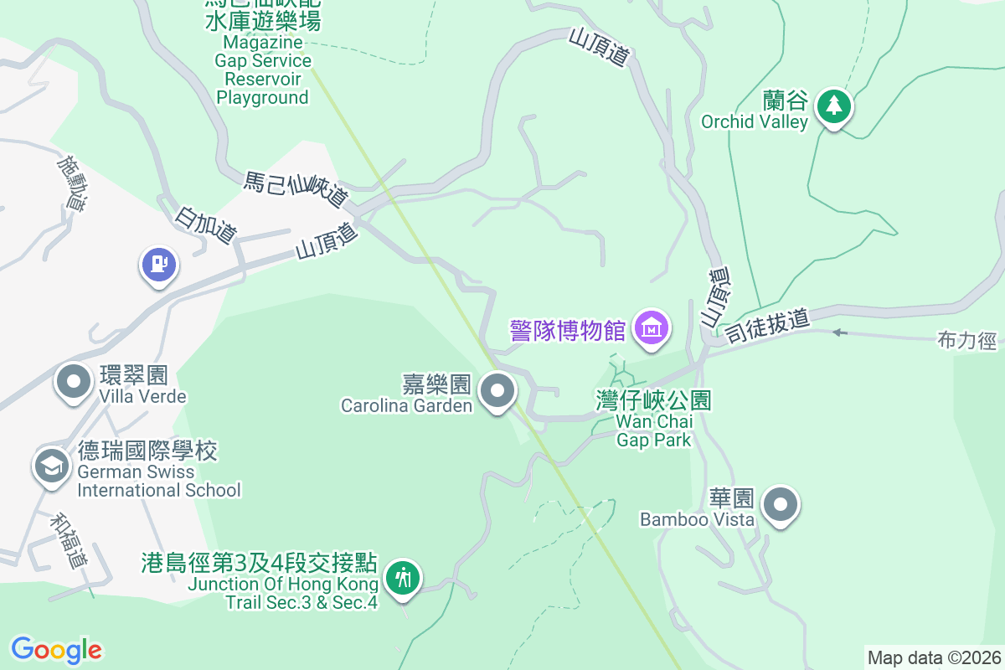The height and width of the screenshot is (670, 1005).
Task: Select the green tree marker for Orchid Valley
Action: click(x=833, y=106)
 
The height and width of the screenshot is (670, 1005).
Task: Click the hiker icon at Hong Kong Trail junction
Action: click(x=404, y=578)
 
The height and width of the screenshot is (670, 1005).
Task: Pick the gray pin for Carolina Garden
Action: click(x=498, y=390)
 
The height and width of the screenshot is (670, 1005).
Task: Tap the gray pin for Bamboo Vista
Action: click(x=781, y=505)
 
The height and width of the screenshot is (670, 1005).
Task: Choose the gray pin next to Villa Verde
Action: click(x=74, y=382)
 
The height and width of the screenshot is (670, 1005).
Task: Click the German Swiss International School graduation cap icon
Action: click(x=52, y=466)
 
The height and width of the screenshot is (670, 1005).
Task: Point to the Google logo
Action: click(x=57, y=649)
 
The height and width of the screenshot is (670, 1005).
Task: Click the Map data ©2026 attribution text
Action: click(x=934, y=657)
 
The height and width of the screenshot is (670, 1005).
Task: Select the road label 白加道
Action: click(x=205, y=225)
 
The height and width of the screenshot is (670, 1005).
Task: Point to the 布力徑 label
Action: click(x=967, y=341)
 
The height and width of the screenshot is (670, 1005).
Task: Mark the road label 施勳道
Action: click(x=72, y=182)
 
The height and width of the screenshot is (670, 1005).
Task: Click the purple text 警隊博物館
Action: click(x=568, y=329)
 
